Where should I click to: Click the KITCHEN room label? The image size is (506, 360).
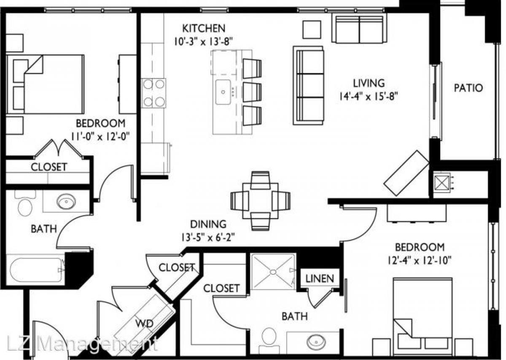(204, 29)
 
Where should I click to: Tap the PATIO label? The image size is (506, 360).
(468, 88)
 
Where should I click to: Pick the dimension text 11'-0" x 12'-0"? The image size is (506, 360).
(100, 136)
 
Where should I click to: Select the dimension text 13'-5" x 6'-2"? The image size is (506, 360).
(207, 237)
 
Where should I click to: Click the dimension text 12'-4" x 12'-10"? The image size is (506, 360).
(419, 260)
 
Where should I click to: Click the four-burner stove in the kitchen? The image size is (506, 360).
(153, 93)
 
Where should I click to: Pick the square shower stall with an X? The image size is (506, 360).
(273, 271)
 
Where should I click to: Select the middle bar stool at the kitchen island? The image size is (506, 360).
(252, 92)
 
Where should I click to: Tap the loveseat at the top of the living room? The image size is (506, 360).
(360, 27)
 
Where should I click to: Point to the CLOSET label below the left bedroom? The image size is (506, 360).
(49, 167)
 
